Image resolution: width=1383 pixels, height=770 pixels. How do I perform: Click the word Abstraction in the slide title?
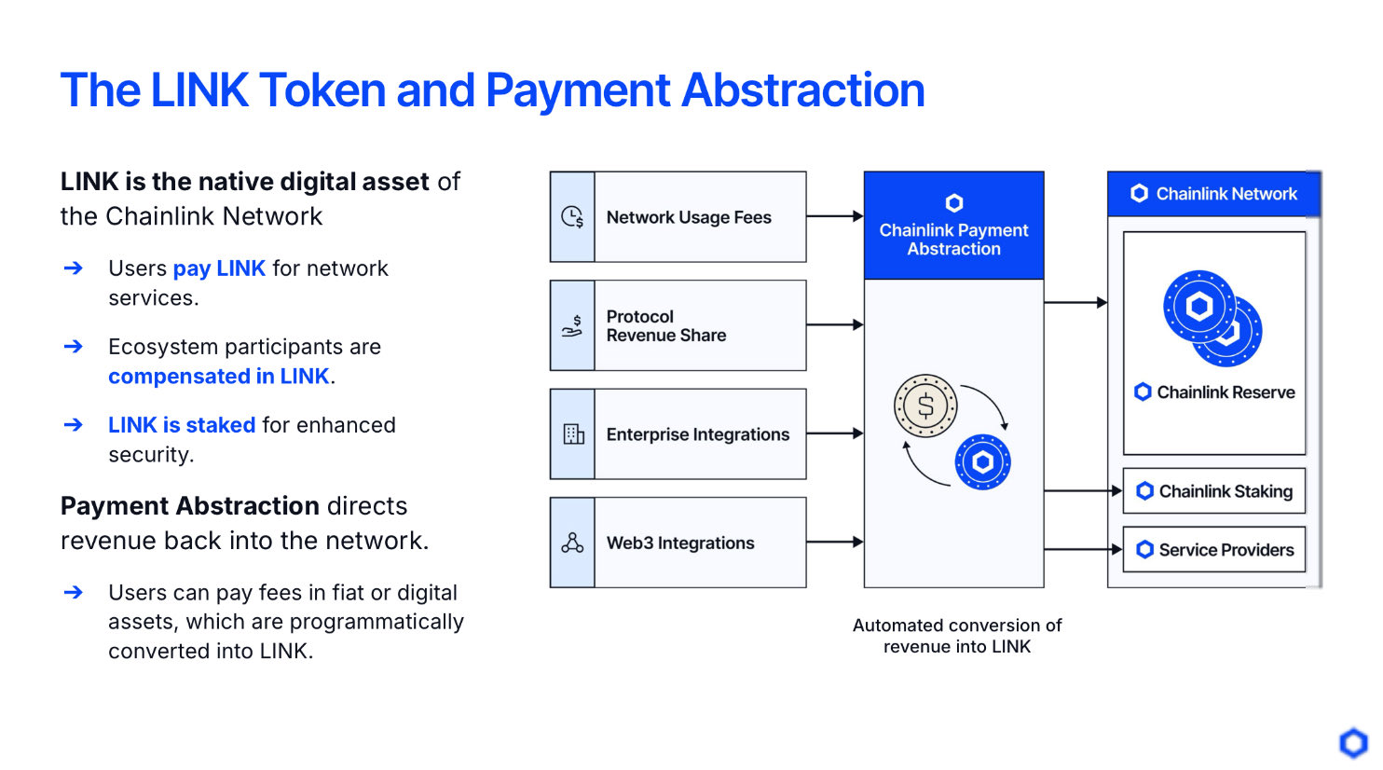coord(802,90)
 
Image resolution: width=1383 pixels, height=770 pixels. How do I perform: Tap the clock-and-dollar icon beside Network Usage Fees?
coord(572,216)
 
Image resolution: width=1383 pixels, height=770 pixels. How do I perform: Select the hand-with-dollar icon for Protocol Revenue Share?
coord(572,325)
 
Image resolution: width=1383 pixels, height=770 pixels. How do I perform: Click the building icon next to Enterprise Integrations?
coord(573,434)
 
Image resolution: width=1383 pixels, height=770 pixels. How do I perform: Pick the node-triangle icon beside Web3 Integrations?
coord(572,543)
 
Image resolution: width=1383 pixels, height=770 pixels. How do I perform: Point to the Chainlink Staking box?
coord(1213,491)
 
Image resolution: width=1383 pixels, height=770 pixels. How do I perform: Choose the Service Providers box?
coord(1213,550)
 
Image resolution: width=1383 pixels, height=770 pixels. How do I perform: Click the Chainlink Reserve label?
coord(1214,392)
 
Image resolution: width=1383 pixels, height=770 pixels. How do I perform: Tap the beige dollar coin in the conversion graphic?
coord(925,406)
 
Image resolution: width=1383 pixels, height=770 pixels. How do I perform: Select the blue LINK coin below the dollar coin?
coord(982,461)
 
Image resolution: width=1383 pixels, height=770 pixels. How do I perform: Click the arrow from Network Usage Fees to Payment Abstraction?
coord(835,216)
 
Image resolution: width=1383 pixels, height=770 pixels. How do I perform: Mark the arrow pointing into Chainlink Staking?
coord(1083,491)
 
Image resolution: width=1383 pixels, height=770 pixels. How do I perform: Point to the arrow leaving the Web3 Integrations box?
coord(835,543)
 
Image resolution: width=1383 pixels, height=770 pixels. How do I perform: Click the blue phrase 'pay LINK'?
coord(219,268)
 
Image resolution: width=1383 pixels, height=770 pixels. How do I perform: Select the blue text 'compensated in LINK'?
coord(219,376)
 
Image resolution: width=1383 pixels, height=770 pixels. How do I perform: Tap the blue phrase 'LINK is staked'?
coord(182,425)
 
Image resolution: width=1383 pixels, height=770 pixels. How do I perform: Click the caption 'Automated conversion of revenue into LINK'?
coord(957,636)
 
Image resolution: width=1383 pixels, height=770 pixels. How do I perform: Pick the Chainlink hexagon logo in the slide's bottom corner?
coord(1353,743)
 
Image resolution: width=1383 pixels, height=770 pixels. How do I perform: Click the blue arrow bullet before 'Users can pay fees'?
coord(74,593)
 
